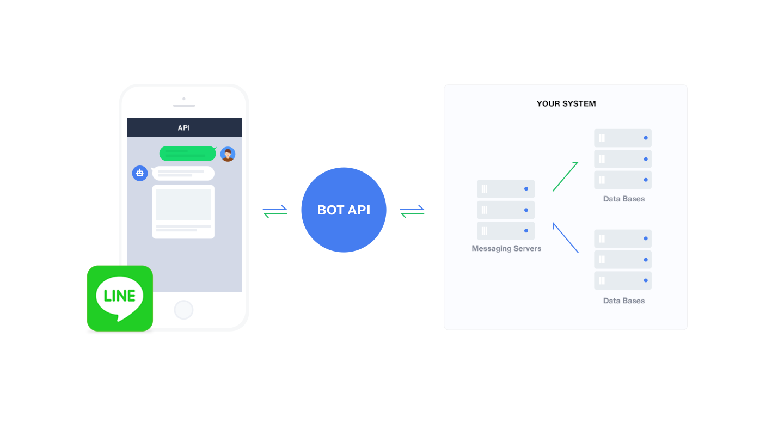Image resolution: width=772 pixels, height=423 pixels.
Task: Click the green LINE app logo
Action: tap(120, 298)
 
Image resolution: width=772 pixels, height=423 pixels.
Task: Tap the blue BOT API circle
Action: tap(344, 210)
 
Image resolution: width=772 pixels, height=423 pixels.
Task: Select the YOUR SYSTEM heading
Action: tap(566, 103)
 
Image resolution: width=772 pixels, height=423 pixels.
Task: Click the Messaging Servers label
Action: tap(506, 249)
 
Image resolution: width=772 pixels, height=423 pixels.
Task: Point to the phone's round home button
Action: tap(183, 310)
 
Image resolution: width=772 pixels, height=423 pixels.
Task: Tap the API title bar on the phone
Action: tap(184, 127)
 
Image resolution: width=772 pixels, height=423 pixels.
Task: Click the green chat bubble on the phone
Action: tap(187, 154)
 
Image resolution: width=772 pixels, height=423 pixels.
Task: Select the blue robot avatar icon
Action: tap(140, 173)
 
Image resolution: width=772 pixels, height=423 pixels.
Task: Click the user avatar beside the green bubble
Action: tap(228, 154)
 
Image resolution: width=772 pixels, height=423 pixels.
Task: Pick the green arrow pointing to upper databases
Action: tap(565, 176)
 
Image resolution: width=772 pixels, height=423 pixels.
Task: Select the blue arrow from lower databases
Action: tap(565, 237)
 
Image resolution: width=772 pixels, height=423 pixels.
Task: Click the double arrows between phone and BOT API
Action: tap(275, 211)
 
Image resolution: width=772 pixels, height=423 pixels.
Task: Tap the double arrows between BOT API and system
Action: tap(412, 211)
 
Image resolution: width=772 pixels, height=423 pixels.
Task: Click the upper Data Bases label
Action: tap(624, 199)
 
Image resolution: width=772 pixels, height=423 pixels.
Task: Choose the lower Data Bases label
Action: tap(624, 301)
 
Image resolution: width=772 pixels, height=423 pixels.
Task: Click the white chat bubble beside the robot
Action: tap(183, 173)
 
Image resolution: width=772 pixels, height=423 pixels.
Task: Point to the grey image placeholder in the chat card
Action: tap(183, 205)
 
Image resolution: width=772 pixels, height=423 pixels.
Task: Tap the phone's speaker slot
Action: tap(184, 106)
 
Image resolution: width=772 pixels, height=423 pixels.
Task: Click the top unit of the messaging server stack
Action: tap(506, 189)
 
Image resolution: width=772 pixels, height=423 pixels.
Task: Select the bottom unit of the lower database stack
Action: tap(623, 280)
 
